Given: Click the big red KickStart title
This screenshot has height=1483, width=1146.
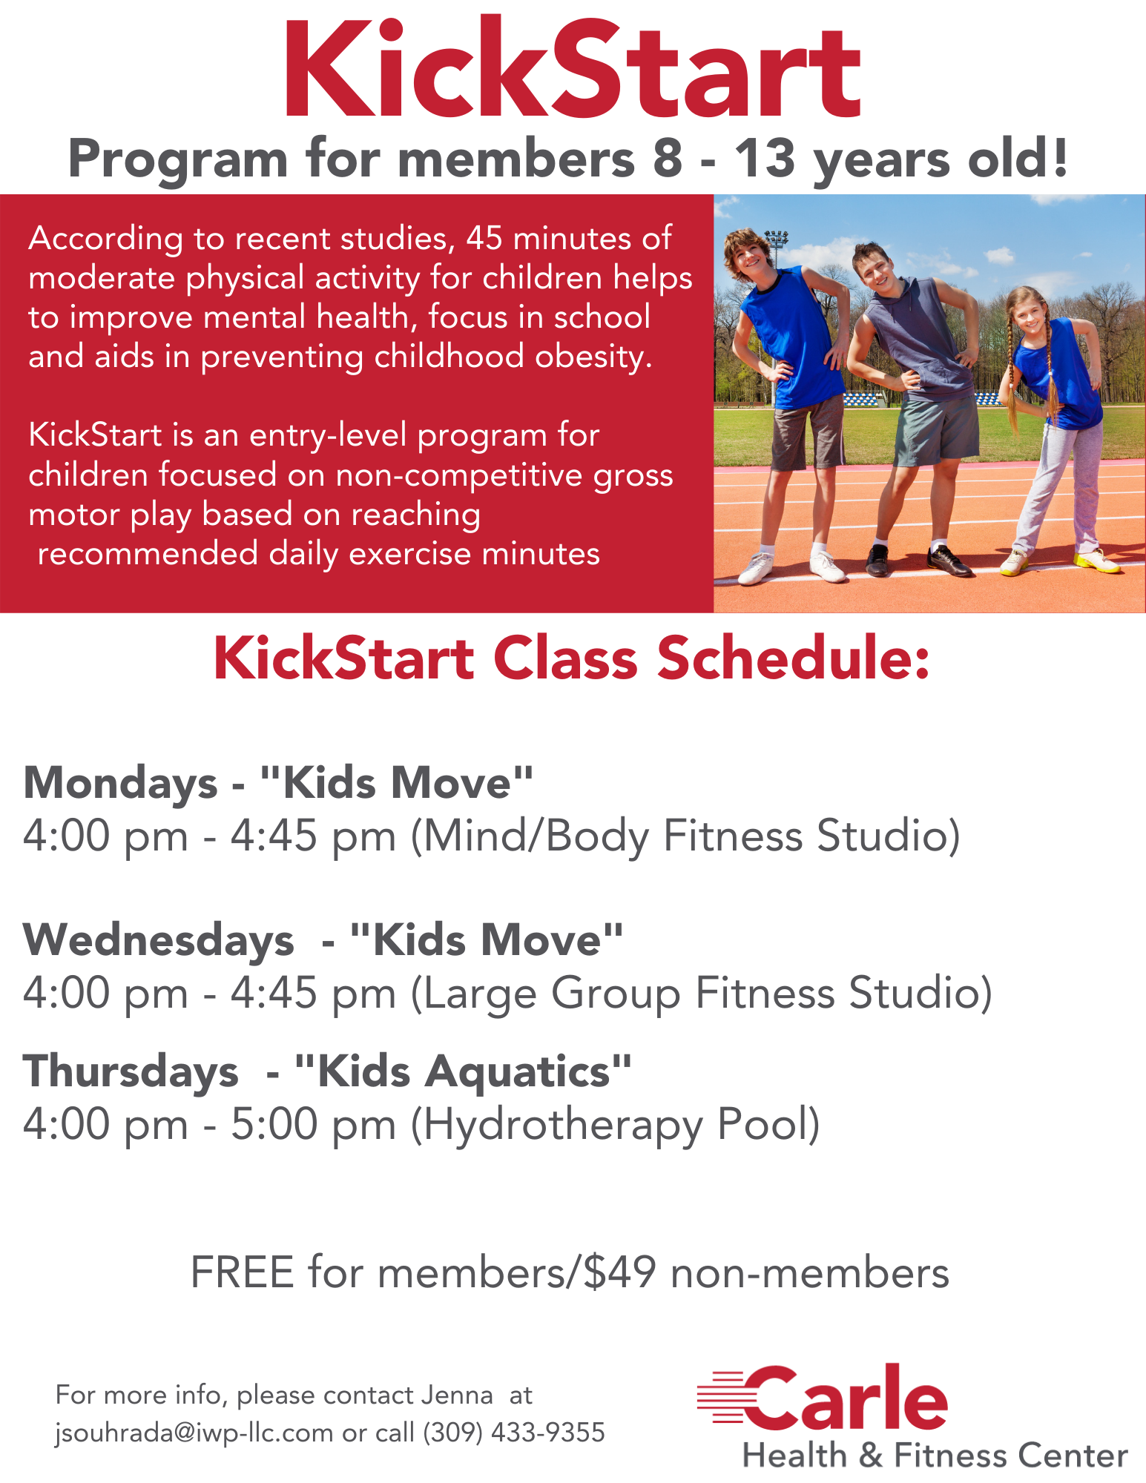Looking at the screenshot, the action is (572, 69).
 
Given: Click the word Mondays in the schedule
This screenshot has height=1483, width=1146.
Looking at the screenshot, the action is (121, 784).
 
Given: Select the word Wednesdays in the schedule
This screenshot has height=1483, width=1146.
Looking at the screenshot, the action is (159, 940).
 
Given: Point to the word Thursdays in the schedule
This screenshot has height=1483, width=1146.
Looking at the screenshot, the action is (131, 1072).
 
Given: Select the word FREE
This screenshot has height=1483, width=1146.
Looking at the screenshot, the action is (243, 1272).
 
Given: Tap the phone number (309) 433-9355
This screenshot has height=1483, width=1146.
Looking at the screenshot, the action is (514, 1433).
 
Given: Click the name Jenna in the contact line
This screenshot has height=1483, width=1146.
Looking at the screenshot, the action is (457, 1396).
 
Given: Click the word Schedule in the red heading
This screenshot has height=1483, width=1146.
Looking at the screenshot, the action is (794, 659).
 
